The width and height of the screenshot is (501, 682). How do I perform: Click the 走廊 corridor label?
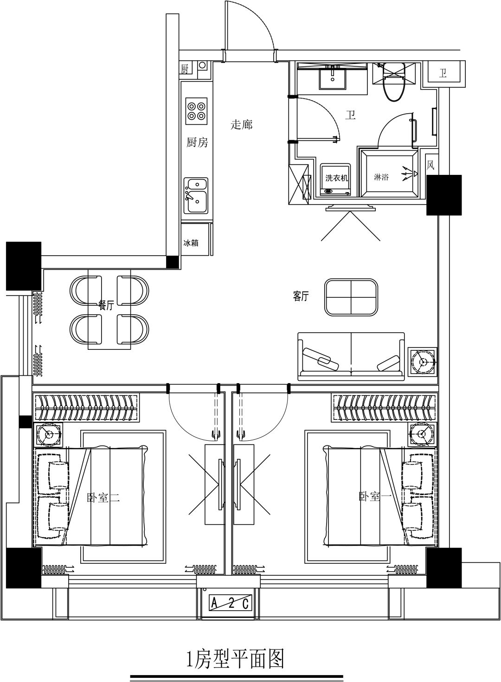(x=242, y=124)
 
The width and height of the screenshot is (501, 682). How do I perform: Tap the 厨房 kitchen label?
(x=197, y=142)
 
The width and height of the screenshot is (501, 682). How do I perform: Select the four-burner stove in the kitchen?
(x=196, y=111)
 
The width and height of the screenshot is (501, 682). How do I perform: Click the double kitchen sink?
(x=196, y=195)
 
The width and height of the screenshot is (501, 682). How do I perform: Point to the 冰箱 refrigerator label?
(x=191, y=243)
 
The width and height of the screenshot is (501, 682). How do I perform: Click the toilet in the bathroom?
(x=394, y=82)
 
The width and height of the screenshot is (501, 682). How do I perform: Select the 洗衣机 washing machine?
(x=335, y=180)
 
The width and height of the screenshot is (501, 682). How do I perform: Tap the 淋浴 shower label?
(x=381, y=177)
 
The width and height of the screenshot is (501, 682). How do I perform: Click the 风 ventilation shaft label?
(x=430, y=165)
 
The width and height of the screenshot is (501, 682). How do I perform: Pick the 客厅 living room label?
(x=301, y=296)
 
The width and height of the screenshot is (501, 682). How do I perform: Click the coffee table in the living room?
(x=351, y=297)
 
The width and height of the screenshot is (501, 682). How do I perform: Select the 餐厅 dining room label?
(x=106, y=305)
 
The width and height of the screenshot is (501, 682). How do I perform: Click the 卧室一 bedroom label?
(x=375, y=497)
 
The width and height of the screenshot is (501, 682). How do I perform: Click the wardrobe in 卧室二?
(x=86, y=408)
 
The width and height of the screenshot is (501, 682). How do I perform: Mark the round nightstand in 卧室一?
(x=423, y=433)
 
